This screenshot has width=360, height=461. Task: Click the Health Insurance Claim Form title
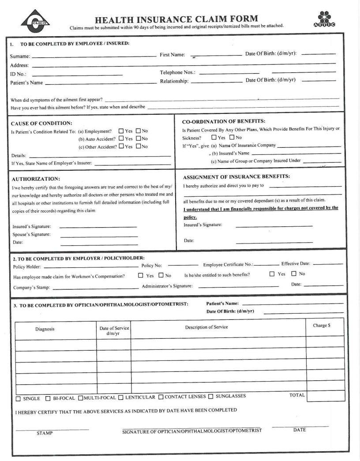coord(176,19)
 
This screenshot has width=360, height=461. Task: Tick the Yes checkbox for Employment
coord(121,131)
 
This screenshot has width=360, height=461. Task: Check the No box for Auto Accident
coord(138,139)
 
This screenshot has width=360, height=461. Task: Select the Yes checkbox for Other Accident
coord(121,146)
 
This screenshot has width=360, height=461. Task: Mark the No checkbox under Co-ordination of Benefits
coord(232,138)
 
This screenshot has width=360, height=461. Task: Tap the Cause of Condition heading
coord(41,123)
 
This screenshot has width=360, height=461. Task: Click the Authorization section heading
coord(36,179)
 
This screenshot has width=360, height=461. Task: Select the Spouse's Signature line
coord(98,235)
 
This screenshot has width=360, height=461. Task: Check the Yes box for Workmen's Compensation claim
coord(141,275)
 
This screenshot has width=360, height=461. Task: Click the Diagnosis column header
coord(45,329)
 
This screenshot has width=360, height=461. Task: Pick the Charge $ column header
coord(321,326)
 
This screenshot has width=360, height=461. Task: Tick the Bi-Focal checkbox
coord(48,398)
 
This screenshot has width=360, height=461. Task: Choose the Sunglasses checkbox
coord(210,396)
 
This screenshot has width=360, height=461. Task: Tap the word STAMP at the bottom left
coord(45,433)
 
